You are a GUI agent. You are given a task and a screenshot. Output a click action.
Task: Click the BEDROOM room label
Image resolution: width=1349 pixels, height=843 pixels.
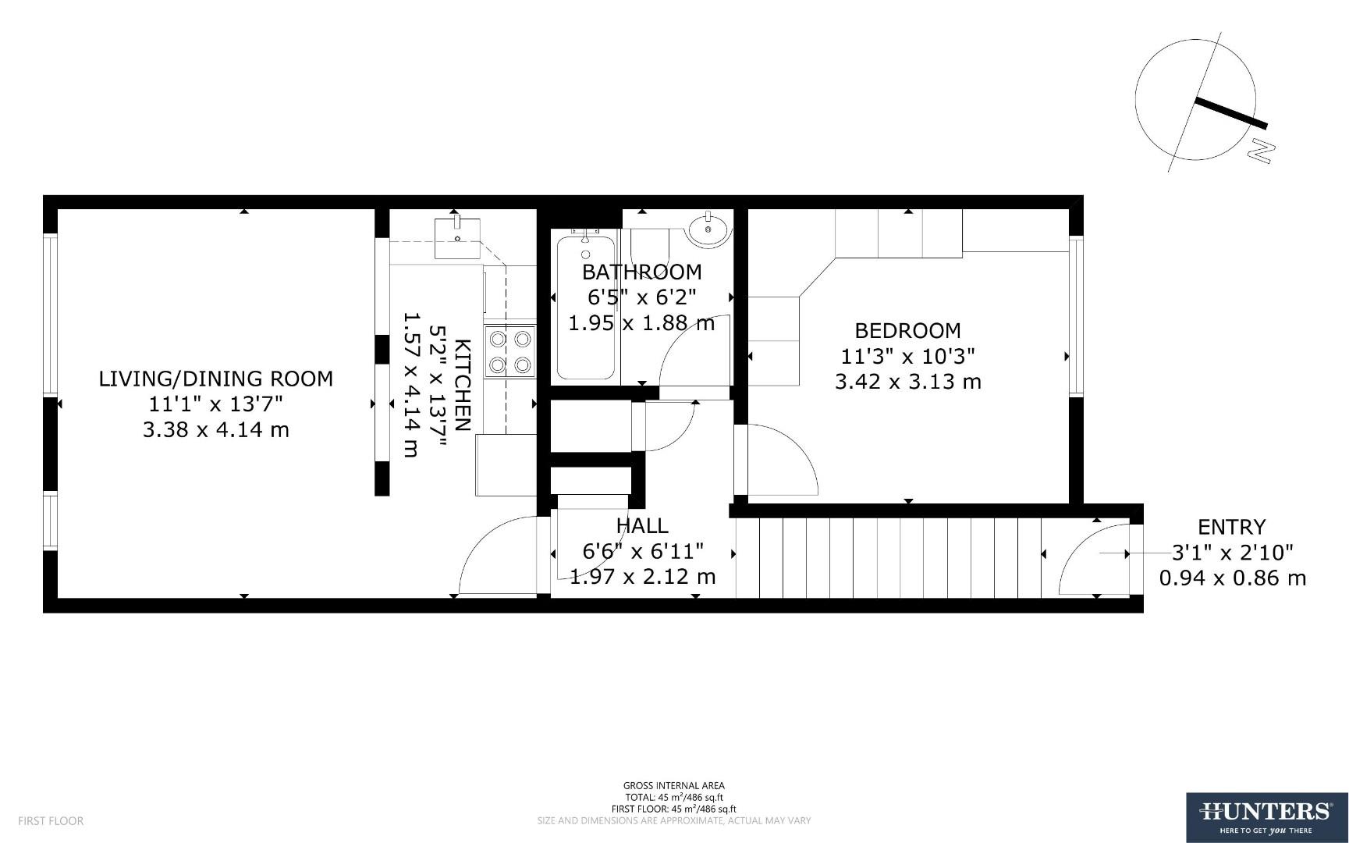(x=907, y=330)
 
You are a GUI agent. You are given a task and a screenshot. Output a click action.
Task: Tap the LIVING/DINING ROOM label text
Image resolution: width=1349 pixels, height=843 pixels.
(x=215, y=379)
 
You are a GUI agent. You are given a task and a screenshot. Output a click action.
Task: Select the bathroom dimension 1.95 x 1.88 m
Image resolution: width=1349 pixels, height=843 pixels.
(x=641, y=323)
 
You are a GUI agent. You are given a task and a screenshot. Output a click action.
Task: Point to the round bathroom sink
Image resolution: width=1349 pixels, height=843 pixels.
(x=708, y=229)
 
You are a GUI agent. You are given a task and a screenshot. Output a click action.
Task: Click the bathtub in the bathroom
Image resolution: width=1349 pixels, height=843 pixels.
(x=585, y=308)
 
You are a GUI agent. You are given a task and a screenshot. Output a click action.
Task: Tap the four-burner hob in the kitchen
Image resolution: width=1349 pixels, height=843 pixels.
(x=509, y=352)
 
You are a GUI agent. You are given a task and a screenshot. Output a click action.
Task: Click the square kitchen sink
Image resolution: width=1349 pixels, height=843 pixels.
(x=457, y=237)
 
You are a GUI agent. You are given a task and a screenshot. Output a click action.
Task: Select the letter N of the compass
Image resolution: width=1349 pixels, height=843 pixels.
(x=1259, y=151)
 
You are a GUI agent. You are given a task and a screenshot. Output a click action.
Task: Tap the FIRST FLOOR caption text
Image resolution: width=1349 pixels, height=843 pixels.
(x=51, y=821)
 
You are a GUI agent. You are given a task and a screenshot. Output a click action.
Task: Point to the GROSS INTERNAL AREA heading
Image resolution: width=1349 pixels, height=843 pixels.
(x=673, y=786)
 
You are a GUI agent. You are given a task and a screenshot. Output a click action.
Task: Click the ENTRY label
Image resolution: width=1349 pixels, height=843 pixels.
(x=1231, y=527)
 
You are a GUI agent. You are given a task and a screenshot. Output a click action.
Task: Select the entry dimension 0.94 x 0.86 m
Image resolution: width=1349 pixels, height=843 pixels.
(x=1232, y=578)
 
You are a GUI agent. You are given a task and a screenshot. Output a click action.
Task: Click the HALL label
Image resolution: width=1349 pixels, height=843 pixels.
(x=641, y=525)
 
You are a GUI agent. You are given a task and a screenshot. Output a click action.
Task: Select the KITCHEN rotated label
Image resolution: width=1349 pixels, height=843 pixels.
(x=462, y=385)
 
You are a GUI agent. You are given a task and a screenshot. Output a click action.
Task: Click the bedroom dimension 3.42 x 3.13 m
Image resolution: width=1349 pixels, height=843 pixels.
(x=907, y=382)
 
